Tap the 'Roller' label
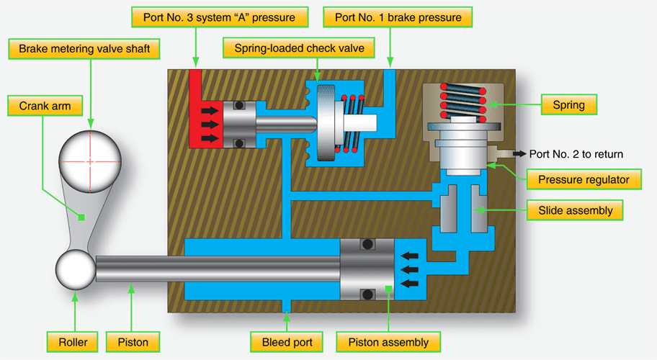[x=71, y=341]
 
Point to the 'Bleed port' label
[x=282, y=341]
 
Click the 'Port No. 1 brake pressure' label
[x=403, y=15]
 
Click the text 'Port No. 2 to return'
[x=576, y=153]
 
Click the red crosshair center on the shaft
[x=90, y=162]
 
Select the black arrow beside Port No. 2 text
[x=517, y=153]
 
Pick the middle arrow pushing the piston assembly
[x=409, y=269]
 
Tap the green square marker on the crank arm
[x=82, y=217]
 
